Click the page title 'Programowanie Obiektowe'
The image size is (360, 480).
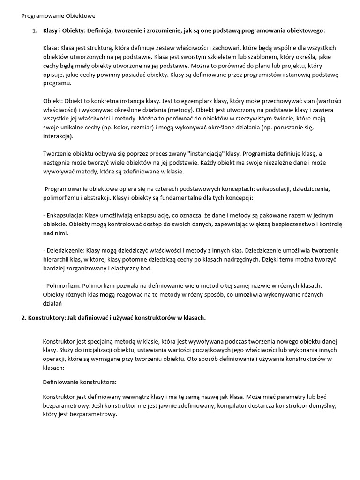pyautogui.click(x=59, y=16)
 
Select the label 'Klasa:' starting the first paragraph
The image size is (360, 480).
pyautogui.click(x=51, y=48)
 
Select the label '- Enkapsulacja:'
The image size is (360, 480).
pyautogui.click(x=62, y=215)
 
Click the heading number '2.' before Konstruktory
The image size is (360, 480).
pyautogui.click(x=24, y=318)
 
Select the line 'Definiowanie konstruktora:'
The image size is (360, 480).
pyautogui.click(x=80, y=382)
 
